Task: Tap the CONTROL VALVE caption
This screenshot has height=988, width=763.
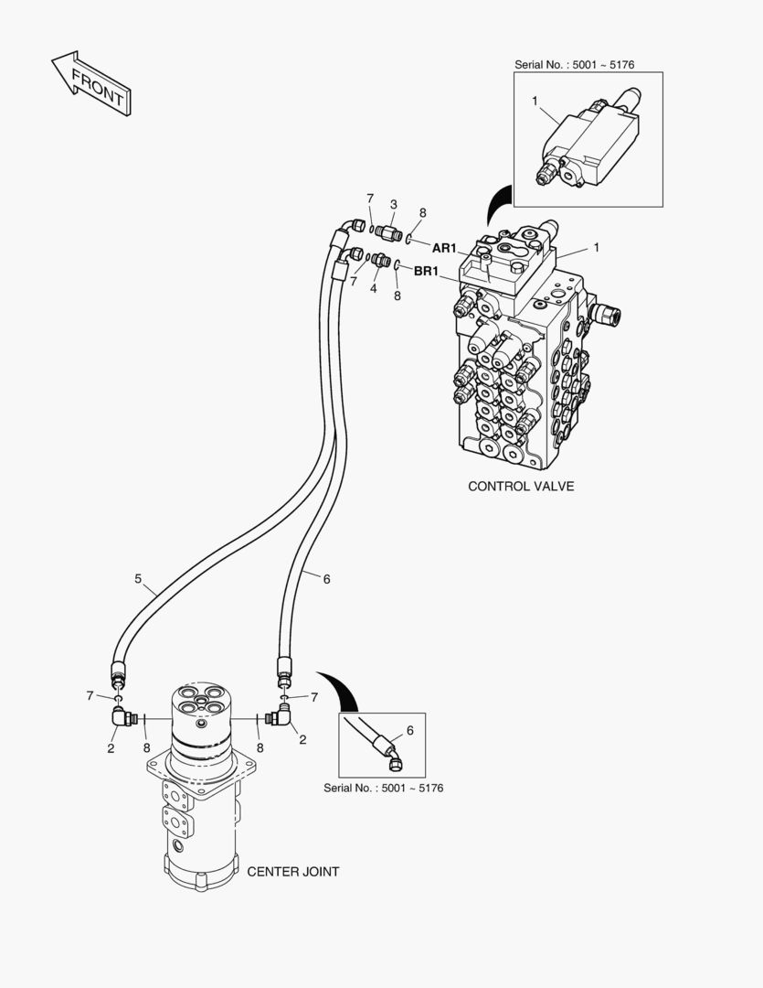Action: coord(521,486)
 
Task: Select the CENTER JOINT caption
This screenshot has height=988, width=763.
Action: coord(292,872)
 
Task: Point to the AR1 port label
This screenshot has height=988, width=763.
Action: coord(444,248)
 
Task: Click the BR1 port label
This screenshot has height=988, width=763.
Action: coord(427,271)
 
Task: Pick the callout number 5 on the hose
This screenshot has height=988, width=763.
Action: coord(138,578)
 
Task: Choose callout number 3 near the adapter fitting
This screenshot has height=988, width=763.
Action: coord(394,204)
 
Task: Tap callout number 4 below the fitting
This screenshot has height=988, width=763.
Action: coord(373,288)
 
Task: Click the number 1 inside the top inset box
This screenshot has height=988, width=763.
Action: coord(535,100)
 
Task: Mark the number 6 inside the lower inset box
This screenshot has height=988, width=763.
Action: coord(409,730)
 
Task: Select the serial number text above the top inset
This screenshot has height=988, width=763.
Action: coord(574,65)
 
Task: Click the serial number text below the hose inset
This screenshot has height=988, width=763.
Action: coord(383,788)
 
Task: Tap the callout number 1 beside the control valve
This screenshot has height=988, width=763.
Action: coord(597,247)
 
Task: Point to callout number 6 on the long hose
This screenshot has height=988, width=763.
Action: coord(326,578)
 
